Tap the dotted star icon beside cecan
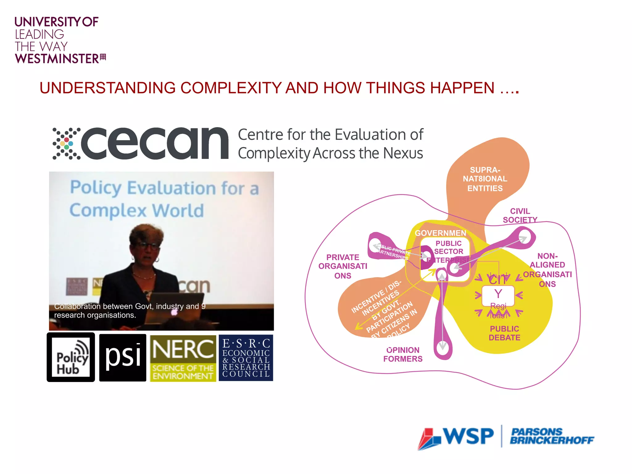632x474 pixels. click(66, 143)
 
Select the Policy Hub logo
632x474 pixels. click(71, 357)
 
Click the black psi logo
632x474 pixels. click(123, 357)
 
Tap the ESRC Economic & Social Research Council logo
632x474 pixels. click(246, 358)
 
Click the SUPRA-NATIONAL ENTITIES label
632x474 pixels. click(485, 179)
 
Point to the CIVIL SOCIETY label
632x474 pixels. click(520, 215)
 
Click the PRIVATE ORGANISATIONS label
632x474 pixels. click(343, 266)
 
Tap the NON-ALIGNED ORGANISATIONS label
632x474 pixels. click(547, 270)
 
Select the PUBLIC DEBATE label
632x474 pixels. click(504, 333)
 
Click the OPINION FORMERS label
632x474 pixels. click(403, 355)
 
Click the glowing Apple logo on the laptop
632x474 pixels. click(175, 312)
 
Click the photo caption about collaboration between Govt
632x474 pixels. click(130, 311)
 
